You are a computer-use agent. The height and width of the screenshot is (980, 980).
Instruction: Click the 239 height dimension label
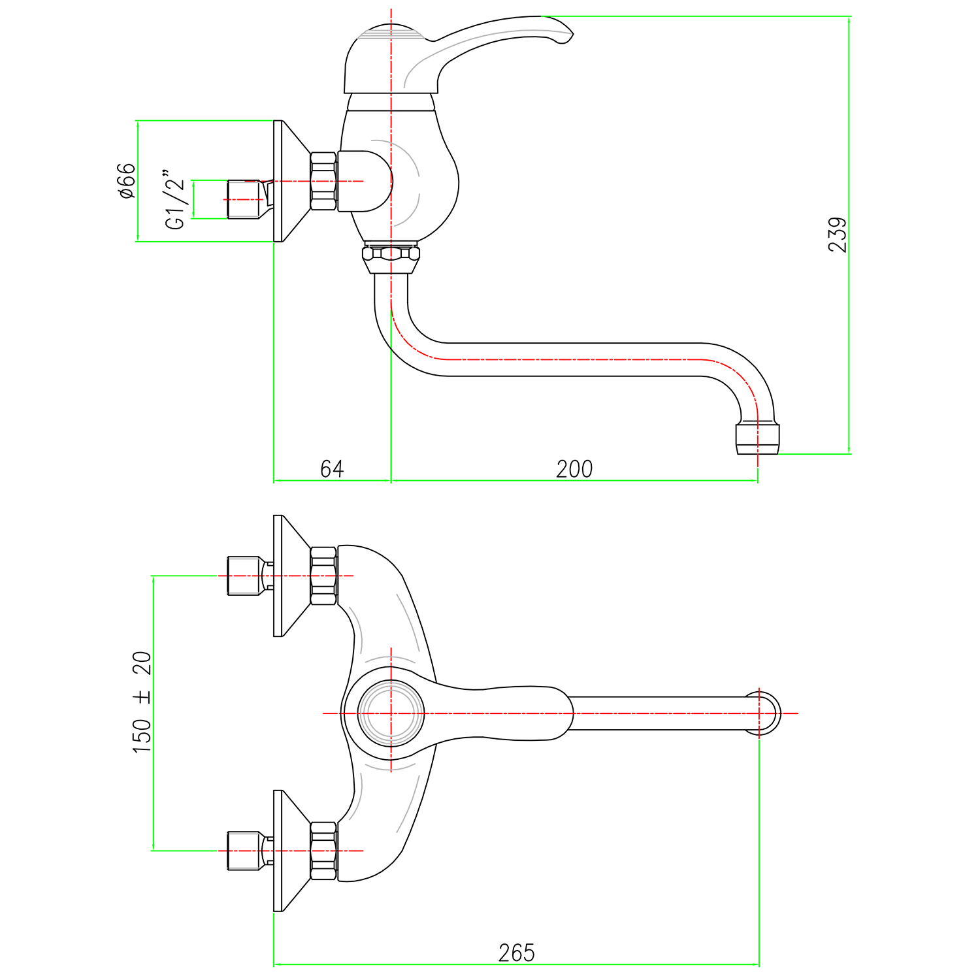pos(837,235)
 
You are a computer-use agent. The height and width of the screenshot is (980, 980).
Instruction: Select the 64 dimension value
pos(332,468)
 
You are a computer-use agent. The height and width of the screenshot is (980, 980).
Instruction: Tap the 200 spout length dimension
pos(574,468)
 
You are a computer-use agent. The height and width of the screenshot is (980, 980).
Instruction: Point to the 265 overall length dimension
pos(516,953)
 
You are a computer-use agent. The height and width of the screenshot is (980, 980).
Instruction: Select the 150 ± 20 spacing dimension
pos(142,702)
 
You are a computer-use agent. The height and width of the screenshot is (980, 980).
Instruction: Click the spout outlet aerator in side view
pos(758,439)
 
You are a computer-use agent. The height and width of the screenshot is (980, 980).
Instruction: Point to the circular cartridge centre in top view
pos(391,713)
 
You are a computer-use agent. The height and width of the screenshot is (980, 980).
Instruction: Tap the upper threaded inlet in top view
pos(243,576)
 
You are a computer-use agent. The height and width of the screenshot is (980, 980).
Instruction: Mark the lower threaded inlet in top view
pos(243,851)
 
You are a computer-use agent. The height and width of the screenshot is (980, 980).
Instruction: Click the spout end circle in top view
pos(761,713)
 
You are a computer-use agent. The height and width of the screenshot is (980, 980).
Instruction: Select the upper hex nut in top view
pos(323,576)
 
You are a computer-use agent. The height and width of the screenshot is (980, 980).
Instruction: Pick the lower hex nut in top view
pos(323,851)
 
